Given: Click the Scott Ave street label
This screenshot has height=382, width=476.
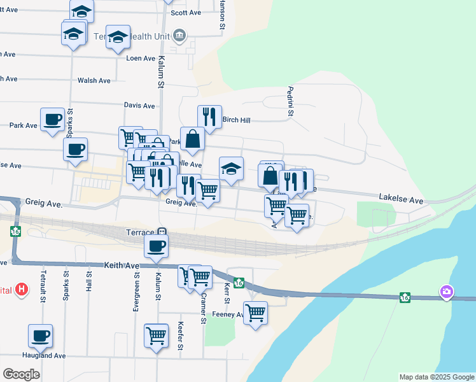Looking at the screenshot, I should (x=186, y=13).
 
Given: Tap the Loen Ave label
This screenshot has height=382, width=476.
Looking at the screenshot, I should (x=141, y=58).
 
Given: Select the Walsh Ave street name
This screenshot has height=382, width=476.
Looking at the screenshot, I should (x=94, y=81).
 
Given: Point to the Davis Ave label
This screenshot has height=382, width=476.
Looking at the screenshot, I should (x=139, y=106).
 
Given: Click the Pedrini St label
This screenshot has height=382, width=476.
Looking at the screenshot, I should (x=290, y=102).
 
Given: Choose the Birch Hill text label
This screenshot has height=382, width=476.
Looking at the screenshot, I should (x=236, y=120).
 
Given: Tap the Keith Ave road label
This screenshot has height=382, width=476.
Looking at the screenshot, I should (x=122, y=264).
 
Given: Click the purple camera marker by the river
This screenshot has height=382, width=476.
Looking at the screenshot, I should (x=447, y=292).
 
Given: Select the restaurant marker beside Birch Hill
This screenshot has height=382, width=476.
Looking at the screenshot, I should (x=209, y=117).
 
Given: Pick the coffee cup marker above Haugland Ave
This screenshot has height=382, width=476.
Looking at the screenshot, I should (x=40, y=336).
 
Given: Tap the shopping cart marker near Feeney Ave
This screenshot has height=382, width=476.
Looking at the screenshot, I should (x=255, y=313).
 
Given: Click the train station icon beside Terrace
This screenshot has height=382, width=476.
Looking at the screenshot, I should (x=162, y=232).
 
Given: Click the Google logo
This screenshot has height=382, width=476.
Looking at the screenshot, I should (x=20, y=374).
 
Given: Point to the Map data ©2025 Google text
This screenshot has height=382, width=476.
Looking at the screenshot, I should (x=436, y=377).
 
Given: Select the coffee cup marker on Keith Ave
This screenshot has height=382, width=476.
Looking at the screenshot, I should (x=156, y=246).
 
